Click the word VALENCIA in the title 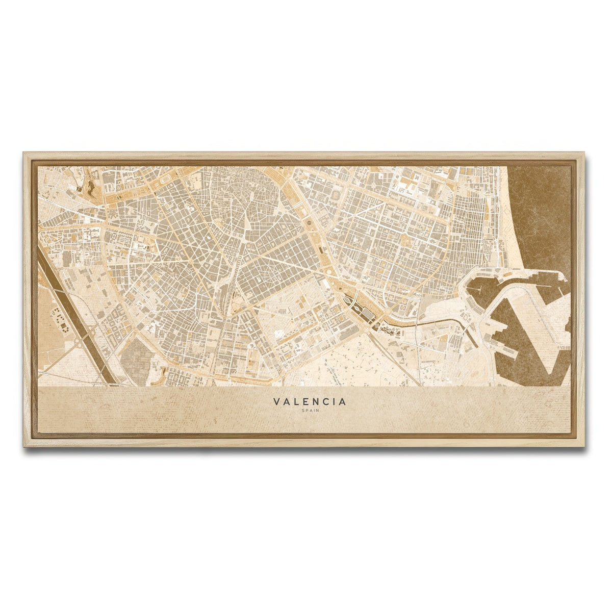click(310, 402)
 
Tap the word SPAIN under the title click(310, 411)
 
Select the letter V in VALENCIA click(276, 402)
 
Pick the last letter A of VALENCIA click(343, 402)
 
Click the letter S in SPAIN click(303, 411)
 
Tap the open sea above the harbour click(541, 214)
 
